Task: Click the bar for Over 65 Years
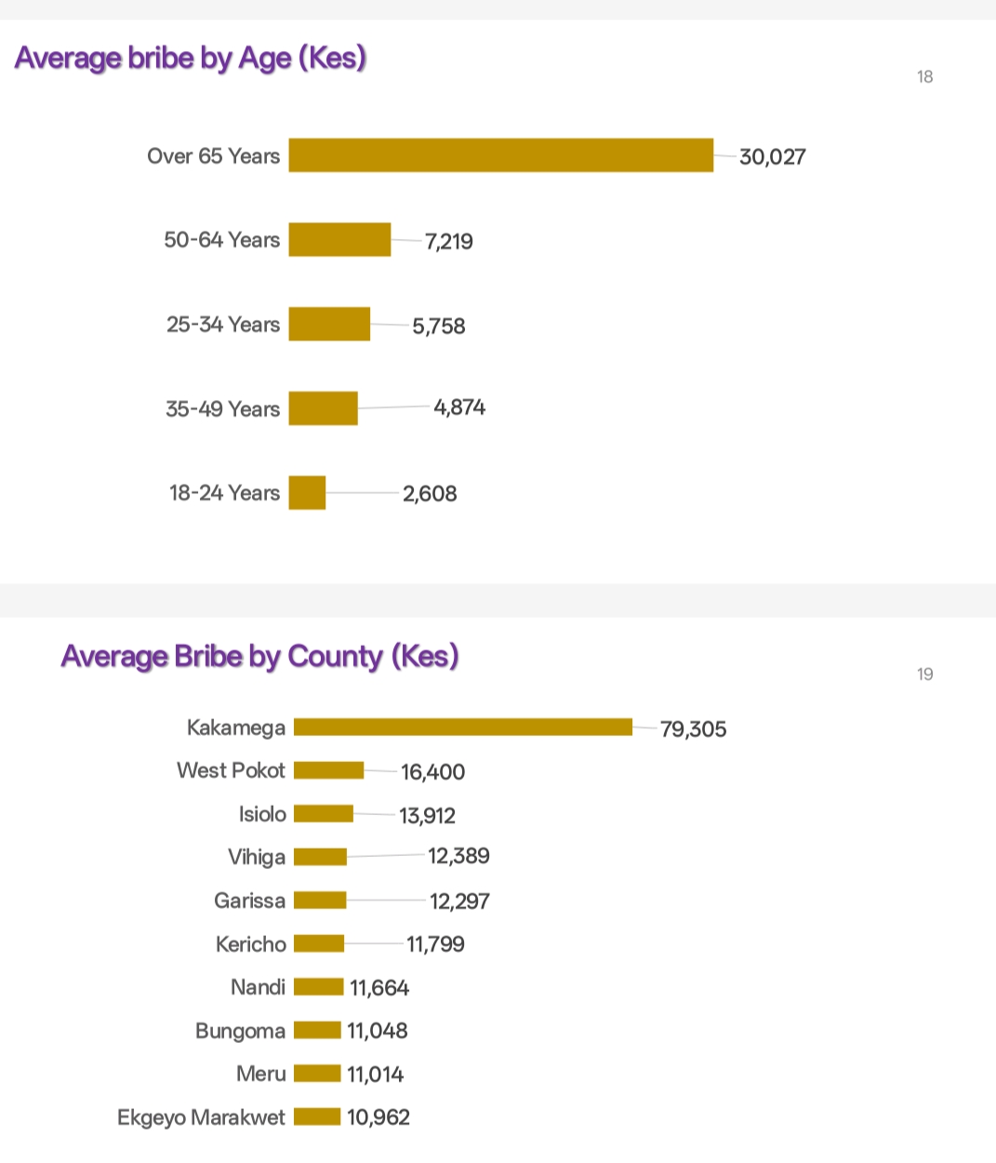pyautogui.click(x=500, y=155)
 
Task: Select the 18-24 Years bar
pyautogui.click(x=307, y=493)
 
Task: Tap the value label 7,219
pyautogui.click(x=449, y=242)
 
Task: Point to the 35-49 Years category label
pyautogui.click(x=222, y=409)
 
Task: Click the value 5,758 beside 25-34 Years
pyautogui.click(x=439, y=327)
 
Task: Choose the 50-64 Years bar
pyautogui.click(x=339, y=240)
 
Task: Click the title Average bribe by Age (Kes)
pyautogui.click(x=191, y=59)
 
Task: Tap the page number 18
pyautogui.click(x=924, y=77)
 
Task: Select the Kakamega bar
pyautogui.click(x=463, y=728)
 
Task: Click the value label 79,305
pyautogui.click(x=693, y=729)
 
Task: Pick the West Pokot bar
pyautogui.click(x=328, y=770)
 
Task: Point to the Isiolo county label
pyautogui.click(x=262, y=814)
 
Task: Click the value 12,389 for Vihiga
pyautogui.click(x=458, y=856)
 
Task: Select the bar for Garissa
pyautogui.click(x=320, y=901)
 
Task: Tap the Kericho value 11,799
pyautogui.click(x=435, y=944)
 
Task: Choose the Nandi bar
pyautogui.click(x=318, y=987)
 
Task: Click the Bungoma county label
pyautogui.click(x=240, y=1031)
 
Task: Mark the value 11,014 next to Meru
pyautogui.click(x=375, y=1075)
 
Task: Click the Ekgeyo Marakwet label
pyautogui.click(x=201, y=1117)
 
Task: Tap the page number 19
pyautogui.click(x=924, y=675)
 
